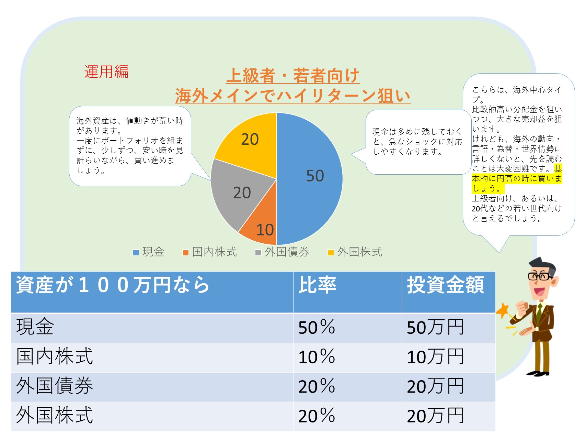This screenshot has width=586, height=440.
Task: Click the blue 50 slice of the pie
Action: pos(309,179)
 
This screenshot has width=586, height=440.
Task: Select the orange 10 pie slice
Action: pos(261,225)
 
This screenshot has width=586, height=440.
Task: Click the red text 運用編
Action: pos(106,72)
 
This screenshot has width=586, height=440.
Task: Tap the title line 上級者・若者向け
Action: pos(293,76)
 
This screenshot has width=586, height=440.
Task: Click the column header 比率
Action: pos(318,285)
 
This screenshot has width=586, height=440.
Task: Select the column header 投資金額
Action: pos(445,285)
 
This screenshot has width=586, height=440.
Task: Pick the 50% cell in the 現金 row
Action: pos(317,327)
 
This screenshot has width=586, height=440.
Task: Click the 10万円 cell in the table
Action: pos(435,357)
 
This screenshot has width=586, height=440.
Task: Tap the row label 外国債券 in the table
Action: pos(55,386)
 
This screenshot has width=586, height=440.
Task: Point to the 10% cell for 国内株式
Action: pos(317,357)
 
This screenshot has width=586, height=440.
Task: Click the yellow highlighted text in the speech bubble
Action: pos(517,179)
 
